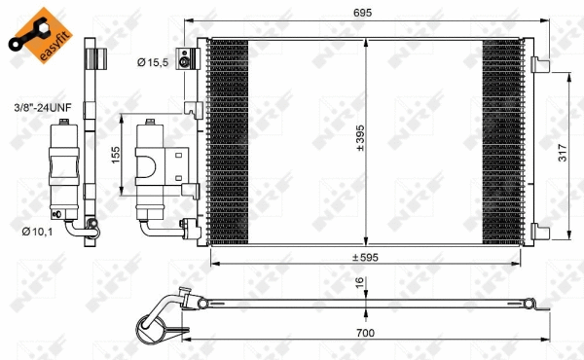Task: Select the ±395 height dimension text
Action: point(359,143)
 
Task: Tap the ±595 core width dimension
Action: point(365,257)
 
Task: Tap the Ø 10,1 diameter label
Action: point(36,230)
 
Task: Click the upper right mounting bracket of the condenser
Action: point(543,66)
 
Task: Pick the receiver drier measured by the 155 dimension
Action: point(153,165)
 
